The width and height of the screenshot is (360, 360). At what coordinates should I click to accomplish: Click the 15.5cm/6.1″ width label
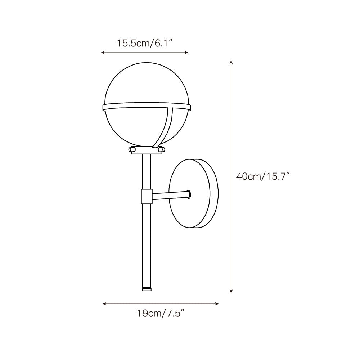point(145,43)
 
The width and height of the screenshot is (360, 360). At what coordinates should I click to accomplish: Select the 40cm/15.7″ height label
point(263,176)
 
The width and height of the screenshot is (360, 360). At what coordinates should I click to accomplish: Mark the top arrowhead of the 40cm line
point(231,62)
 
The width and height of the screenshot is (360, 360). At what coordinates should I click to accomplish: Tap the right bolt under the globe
point(161,149)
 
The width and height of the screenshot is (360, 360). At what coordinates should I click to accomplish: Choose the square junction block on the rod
point(147,196)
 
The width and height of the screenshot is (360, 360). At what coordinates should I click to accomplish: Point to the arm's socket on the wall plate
point(188,194)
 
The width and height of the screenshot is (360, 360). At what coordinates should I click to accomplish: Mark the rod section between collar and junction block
point(147,172)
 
